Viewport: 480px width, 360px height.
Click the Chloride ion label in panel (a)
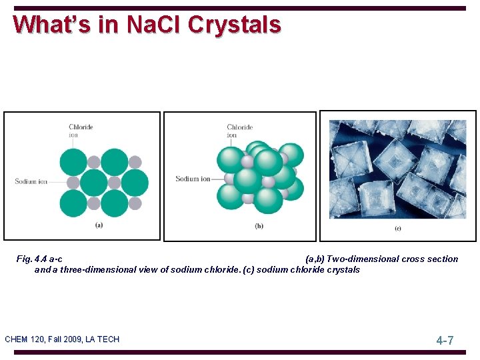click(81, 130)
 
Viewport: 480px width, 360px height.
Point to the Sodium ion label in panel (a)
click(31, 181)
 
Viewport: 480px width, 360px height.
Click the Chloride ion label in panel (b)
click(239, 131)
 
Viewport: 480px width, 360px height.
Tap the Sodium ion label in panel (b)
click(193, 179)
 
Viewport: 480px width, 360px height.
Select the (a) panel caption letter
click(99, 225)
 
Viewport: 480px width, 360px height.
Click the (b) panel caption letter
click(259, 226)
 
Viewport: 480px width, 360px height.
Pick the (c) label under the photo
click(398, 229)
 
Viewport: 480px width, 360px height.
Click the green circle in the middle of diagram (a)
click(94, 182)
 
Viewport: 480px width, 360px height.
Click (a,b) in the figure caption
click(315, 259)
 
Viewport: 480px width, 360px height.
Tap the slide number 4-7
click(445, 341)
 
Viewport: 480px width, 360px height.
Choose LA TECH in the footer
click(102, 339)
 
